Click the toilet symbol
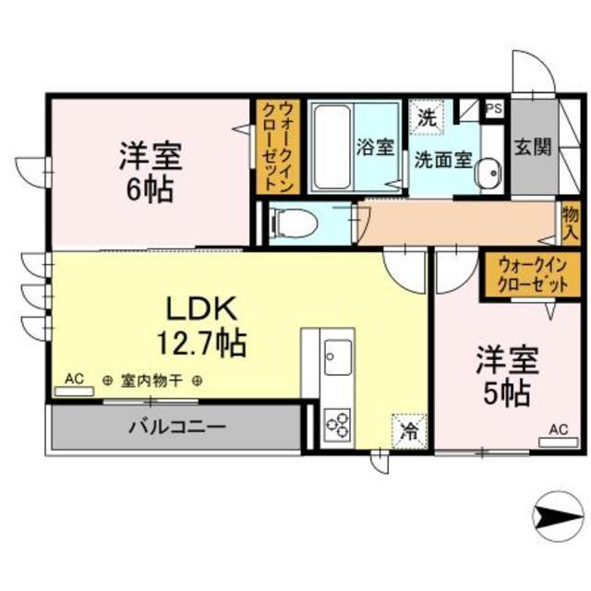coord(295,223)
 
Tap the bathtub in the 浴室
coord(332,147)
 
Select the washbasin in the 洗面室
coord(489,173)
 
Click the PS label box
coord(495,109)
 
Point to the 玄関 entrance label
coord(534,146)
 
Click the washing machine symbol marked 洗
coord(427,117)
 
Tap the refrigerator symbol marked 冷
coord(409,431)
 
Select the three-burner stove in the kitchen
coord(338,424)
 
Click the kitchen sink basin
coord(338,357)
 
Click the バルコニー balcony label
coord(177,428)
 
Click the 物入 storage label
coord(571,223)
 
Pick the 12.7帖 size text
coord(201,343)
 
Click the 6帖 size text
coord(150,189)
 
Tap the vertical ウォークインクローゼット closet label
coord(278,146)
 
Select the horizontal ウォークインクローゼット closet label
coord(533,274)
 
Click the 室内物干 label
coord(151,381)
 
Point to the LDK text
coord(201,308)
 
